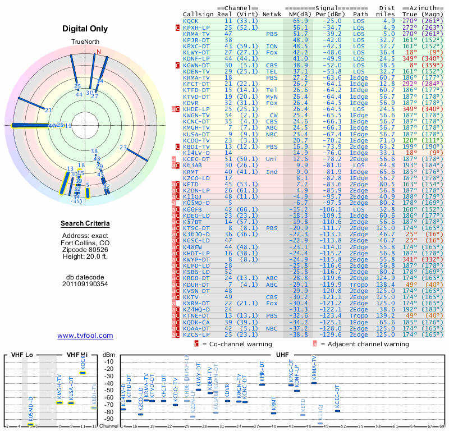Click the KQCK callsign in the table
191,21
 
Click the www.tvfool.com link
85,336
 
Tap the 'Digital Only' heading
85,28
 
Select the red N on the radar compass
99,52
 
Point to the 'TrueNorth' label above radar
85,42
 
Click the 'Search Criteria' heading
85,224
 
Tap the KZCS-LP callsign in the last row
196,334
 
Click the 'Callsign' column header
199,14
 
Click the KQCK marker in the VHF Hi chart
83,373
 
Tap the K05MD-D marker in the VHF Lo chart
31,424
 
